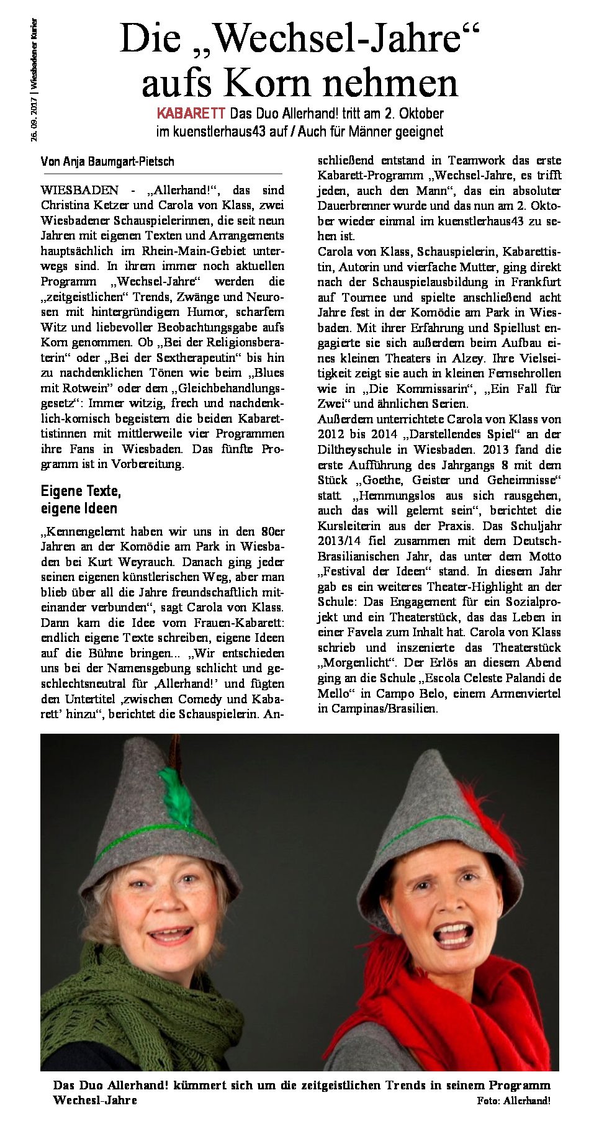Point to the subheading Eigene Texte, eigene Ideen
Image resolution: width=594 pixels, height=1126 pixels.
[x=81, y=500]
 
